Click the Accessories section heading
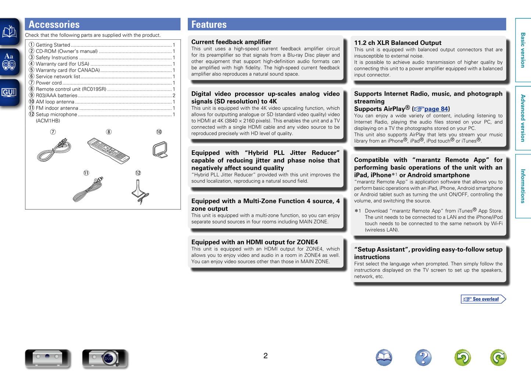pos(54,24)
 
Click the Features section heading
pos(209,24)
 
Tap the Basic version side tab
pos(523,50)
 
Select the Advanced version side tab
pos(523,118)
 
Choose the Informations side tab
pos(523,186)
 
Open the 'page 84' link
pos(436,109)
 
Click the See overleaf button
pos(483,299)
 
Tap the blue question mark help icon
pos(423,357)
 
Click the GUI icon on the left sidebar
pos(9,92)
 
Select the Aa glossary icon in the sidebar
pos(9,61)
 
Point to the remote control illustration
pos(108,150)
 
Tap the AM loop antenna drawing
pos(160,149)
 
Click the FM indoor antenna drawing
pos(88,189)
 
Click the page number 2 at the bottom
pos(265,356)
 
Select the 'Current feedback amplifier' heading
pos(231,42)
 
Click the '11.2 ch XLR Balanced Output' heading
pos(398,43)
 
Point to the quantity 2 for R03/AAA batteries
pos(174,96)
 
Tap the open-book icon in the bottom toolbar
pos(384,357)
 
